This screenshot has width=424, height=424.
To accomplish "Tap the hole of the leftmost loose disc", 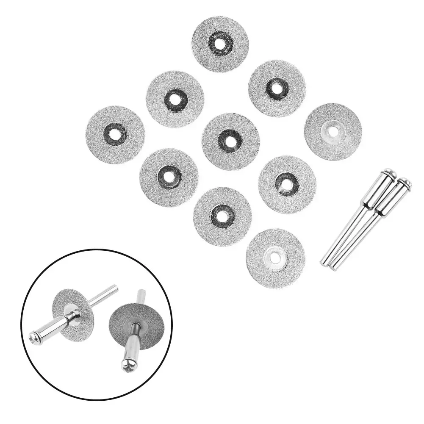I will point(115,134).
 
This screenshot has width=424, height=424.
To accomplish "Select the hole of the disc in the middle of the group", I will point(230,141).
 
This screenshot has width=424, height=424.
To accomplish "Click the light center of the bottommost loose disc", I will point(275,258).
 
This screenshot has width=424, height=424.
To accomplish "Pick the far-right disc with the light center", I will point(333,132).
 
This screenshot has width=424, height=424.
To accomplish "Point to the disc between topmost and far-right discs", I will point(277,88).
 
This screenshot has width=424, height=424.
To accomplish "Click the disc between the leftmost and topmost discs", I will point(175,99).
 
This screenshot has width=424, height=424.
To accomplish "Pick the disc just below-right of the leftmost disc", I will point(169,177).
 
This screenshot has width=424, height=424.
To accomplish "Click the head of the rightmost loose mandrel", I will point(404,185).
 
